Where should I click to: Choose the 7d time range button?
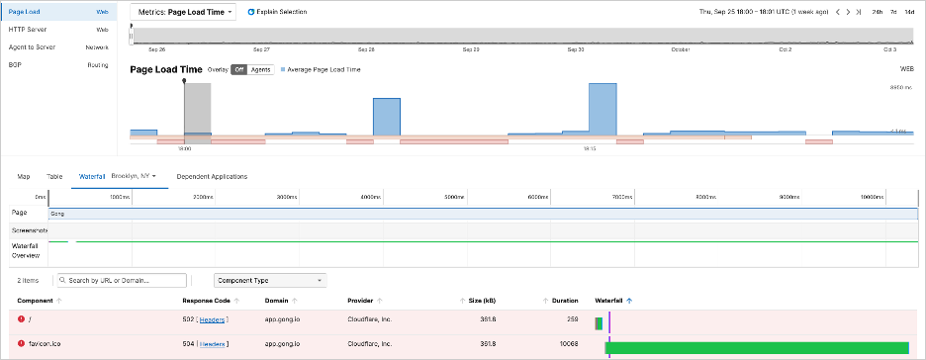pyautogui.click(x=893, y=12)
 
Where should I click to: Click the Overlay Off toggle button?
pyautogui.click(x=238, y=70)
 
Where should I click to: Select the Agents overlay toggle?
pyautogui.click(x=260, y=70)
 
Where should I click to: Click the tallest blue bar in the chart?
pyautogui.click(x=602, y=109)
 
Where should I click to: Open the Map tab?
pyautogui.click(x=24, y=176)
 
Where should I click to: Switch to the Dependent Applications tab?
pyautogui.click(x=211, y=176)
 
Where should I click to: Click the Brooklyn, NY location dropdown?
pyautogui.click(x=134, y=176)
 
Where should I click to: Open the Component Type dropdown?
pyautogui.click(x=270, y=281)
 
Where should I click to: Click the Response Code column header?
pyautogui.click(x=206, y=300)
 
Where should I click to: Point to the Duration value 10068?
pyautogui.click(x=565, y=344)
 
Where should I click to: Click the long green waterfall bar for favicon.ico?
pyautogui.click(x=757, y=347)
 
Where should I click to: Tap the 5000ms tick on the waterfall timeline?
pyautogui.click(x=454, y=198)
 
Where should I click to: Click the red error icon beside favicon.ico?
pyautogui.click(x=21, y=344)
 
